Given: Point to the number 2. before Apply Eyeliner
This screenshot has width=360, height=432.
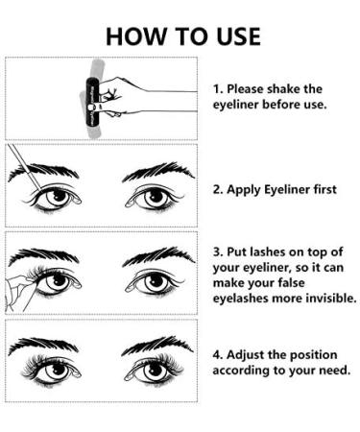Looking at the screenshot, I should coord(218,189).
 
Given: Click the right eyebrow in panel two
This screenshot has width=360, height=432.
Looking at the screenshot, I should coord(153,171).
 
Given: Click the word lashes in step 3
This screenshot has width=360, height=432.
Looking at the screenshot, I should coord(272,252).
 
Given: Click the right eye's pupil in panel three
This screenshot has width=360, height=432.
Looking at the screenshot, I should coord(152,283).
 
